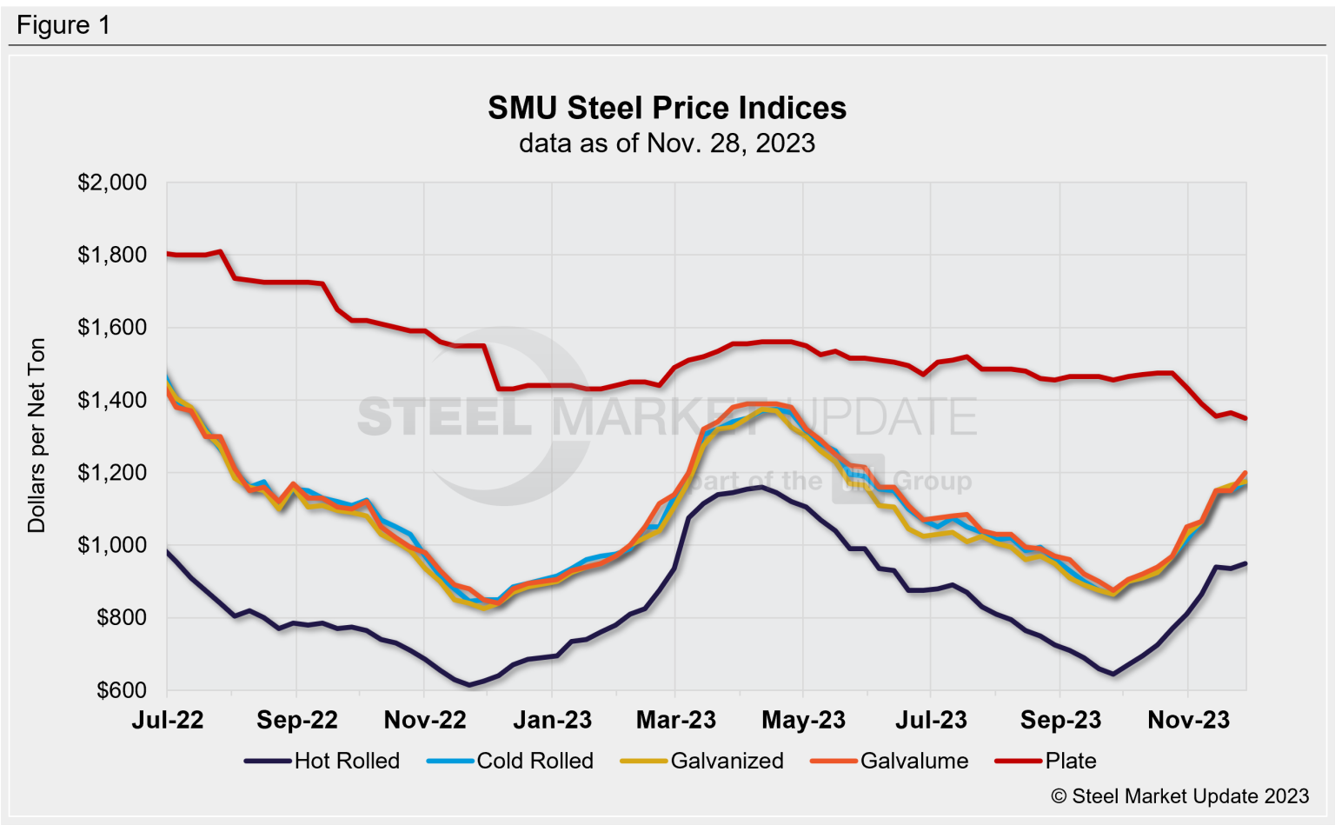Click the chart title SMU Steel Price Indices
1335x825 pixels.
[x=667, y=108]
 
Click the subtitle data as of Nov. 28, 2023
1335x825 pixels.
[x=667, y=143]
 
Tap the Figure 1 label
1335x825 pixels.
[x=63, y=25]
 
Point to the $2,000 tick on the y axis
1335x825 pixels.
[x=112, y=183]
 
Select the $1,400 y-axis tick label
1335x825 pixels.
[x=112, y=400]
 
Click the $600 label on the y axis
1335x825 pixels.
[x=121, y=690]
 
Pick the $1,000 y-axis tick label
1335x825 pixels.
[x=112, y=545]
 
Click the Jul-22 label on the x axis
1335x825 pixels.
[x=168, y=720]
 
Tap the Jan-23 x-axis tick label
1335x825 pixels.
[x=552, y=720]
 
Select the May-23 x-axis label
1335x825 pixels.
[x=803, y=720]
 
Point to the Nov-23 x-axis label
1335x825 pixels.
[x=1188, y=720]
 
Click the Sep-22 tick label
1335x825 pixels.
[x=296, y=720]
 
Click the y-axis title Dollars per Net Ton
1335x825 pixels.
[x=36, y=436]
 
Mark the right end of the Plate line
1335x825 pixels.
[x=1245, y=418]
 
